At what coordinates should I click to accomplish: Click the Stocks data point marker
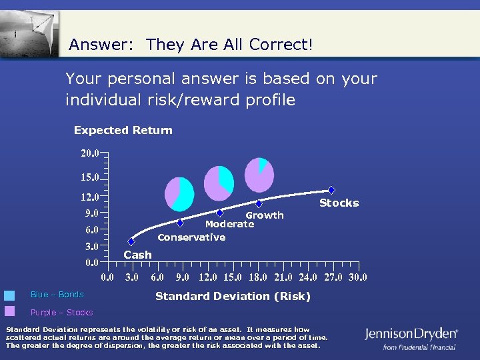point(331,190)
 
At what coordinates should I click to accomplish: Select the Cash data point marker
point(131,241)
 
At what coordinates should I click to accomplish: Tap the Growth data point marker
point(259,204)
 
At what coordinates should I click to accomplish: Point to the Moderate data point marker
point(219,213)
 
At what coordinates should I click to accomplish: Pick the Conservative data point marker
point(180,223)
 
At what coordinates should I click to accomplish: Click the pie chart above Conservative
point(179,194)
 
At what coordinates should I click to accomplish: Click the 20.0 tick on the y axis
point(90,153)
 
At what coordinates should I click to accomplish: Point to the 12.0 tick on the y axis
point(90,197)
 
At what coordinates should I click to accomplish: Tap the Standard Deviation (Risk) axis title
point(233,296)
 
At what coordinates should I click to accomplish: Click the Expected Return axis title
point(123,131)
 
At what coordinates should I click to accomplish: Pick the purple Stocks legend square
point(9,311)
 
